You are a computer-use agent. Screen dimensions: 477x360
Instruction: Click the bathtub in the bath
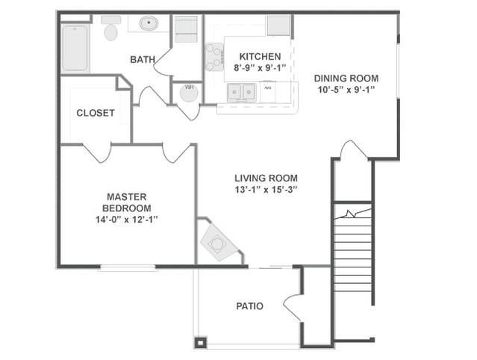click(75, 49)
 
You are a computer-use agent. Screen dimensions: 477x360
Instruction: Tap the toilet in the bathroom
click(110, 28)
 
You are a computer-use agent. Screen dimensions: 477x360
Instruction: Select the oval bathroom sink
click(149, 23)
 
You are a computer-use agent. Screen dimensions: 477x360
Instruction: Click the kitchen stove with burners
click(214, 57)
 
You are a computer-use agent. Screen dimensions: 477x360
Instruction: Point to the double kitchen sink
click(242, 92)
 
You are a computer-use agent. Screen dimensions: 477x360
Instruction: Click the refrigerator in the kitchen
click(278, 25)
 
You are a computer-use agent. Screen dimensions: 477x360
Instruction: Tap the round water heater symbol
click(189, 92)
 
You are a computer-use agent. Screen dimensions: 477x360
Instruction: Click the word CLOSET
click(96, 113)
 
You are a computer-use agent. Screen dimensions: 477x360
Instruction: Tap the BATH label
click(143, 59)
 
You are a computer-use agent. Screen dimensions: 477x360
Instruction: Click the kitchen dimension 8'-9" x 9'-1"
click(260, 67)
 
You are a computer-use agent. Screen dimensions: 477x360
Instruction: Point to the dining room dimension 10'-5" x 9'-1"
click(346, 90)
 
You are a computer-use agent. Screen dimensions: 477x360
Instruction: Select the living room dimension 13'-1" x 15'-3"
click(266, 190)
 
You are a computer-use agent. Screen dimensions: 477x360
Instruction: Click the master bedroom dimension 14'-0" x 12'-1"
click(127, 220)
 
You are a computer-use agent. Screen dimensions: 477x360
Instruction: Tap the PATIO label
click(250, 306)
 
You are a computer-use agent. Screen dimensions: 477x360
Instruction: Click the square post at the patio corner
click(201, 343)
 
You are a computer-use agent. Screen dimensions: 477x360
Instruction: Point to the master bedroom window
click(128, 267)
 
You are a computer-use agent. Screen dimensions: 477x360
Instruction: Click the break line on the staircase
click(353, 214)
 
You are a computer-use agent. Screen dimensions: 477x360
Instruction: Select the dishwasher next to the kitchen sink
click(268, 92)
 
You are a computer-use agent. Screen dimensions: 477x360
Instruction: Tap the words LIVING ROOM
click(266, 178)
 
